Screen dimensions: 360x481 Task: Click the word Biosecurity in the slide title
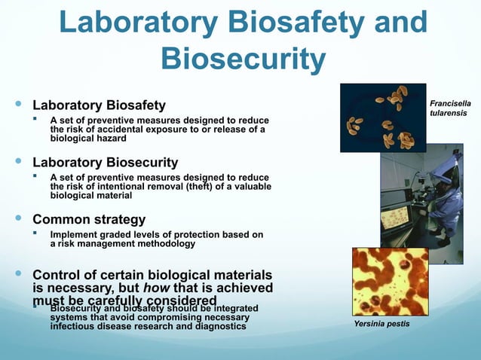[244, 57]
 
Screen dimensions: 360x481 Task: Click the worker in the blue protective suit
[435, 199]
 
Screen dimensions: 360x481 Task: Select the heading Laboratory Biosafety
[99, 105]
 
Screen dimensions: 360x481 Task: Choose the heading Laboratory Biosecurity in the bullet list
[105, 163]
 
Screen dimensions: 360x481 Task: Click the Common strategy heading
[89, 220]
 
